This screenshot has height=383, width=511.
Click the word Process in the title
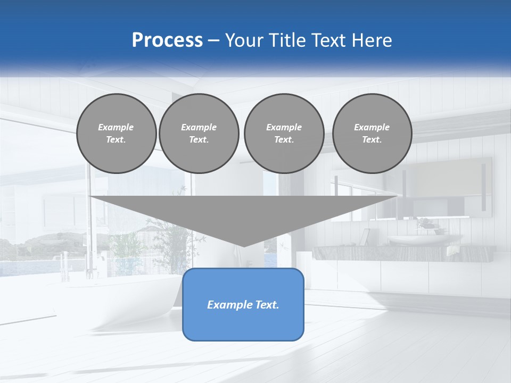tap(167, 40)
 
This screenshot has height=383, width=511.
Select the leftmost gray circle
tap(116, 134)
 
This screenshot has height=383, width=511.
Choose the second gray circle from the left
tap(199, 134)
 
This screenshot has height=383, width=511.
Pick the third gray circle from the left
tap(284, 134)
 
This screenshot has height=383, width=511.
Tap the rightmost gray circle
tap(372, 134)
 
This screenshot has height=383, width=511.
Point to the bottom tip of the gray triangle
tap(244, 246)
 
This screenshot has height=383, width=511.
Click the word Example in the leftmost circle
tap(116, 127)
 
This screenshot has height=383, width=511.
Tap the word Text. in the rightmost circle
tap(372, 140)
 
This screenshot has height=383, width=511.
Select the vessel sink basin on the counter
tap(418, 240)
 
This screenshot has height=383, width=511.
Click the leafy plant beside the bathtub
tap(170, 239)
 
